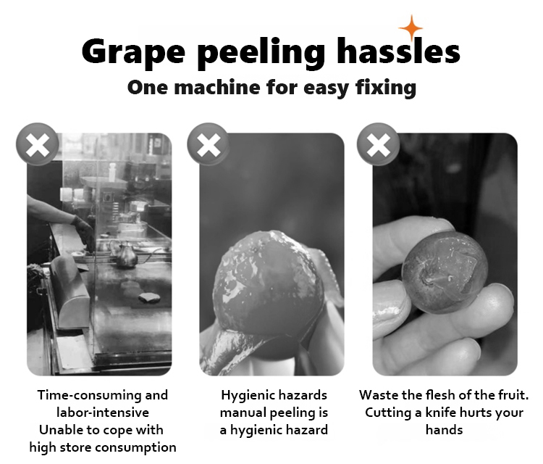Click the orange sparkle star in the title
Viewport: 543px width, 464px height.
(x=411, y=28)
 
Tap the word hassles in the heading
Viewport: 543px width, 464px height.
(x=399, y=51)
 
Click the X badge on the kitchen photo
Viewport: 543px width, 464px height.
(x=38, y=144)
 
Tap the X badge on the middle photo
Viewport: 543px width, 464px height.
(x=208, y=144)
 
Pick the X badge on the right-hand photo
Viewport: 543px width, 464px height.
(x=378, y=144)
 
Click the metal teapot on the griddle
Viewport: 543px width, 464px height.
(x=125, y=254)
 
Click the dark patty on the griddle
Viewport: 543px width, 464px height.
(x=149, y=297)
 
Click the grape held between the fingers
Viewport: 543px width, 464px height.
(x=445, y=272)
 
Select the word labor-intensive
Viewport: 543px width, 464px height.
(x=103, y=413)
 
